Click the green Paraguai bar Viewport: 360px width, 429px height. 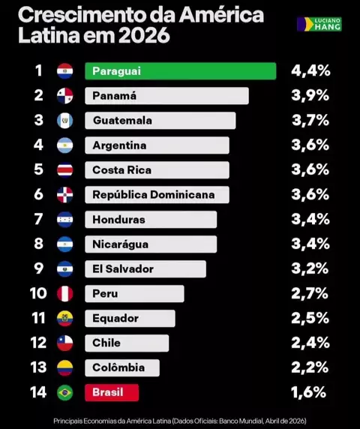[181, 71]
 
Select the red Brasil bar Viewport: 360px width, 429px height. [112, 392]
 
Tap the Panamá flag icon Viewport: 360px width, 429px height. [65, 96]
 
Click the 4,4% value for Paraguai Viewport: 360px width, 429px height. [310, 70]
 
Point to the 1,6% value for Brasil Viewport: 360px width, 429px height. [308, 392]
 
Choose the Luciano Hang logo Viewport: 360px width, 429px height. [319, 24]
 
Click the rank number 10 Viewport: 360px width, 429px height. [38, 293]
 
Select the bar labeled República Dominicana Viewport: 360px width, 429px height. [157, 195]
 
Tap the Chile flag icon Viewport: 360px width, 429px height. [65, 343]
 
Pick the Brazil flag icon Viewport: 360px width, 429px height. [65, 392]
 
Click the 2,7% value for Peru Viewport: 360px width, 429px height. [310, 293]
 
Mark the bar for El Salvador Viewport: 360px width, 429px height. [145, 269]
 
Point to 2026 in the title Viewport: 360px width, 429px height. [144, 35]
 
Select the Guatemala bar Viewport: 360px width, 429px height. [160, 121]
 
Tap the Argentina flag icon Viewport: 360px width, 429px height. [65, 145]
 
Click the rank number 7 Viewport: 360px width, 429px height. [38, 219]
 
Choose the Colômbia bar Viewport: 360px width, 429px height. [122, 367]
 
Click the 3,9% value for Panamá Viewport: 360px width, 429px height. [310, 95]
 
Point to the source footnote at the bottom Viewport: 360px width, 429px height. [180, 421]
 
